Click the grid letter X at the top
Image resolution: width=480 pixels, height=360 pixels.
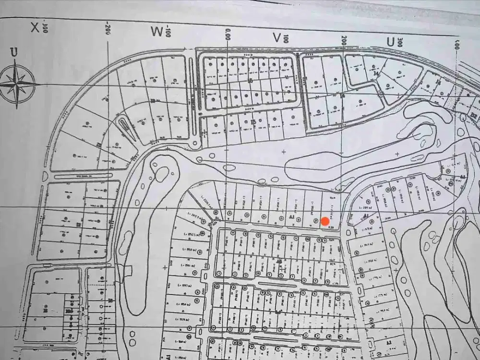point(35,27)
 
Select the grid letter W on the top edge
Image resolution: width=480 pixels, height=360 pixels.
point(157,32)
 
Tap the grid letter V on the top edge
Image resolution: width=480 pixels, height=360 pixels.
point(276,37)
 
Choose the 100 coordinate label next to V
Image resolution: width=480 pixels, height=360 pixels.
point(287,38)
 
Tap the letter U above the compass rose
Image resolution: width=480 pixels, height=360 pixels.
point(14,52)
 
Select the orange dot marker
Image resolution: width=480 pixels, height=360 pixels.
point(325,221)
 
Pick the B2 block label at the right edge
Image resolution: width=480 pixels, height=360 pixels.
point(474,116)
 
